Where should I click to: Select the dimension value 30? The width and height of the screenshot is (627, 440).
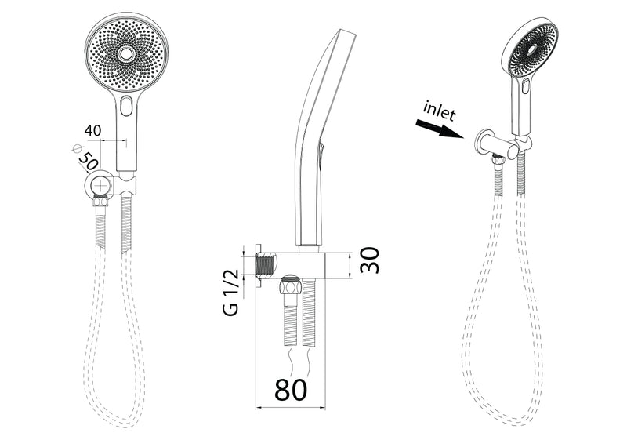click(x=369, y=260)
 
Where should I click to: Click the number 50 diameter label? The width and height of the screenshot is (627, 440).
click(x=88, y=162)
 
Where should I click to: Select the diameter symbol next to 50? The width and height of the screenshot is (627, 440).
click(x=76, y=147)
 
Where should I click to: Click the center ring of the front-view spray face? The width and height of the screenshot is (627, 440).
click(x=126, y=53)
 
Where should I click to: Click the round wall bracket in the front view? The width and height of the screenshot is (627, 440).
click(x=99, y=186)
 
